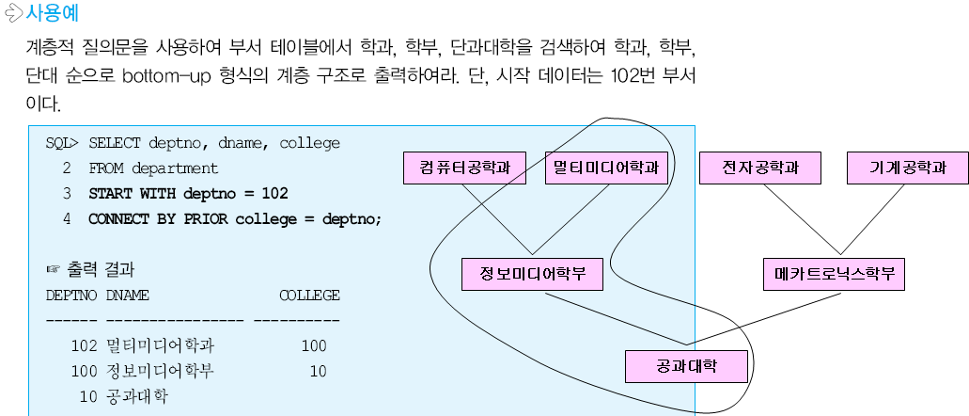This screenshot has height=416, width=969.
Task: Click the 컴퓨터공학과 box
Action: pos(464,168)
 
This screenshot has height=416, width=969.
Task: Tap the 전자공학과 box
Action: pos(760,168)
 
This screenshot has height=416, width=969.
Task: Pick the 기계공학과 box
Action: pos(908,168)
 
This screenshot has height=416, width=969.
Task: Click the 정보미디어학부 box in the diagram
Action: pos(533,275)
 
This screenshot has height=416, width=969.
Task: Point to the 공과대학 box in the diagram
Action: pos(687,366)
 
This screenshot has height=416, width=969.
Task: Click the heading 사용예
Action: pos(53,14)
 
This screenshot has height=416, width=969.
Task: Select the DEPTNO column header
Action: pos(70,296)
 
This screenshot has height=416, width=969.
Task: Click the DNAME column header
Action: pos(127,296)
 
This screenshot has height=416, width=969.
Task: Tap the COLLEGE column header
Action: pos(309,296)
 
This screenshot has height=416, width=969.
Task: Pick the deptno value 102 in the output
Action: pos(85,345)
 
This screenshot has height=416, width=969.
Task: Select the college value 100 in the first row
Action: pos(314,345)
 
